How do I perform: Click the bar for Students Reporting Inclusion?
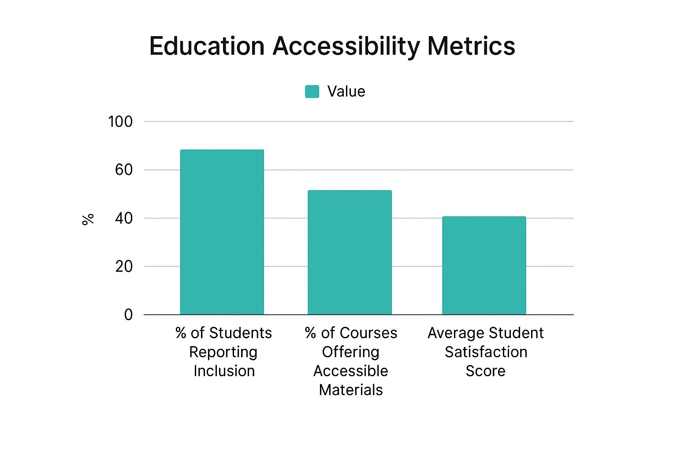pos(222,232)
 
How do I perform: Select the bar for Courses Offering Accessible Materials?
pos(350,252)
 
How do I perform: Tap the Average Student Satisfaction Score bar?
pos(484,266)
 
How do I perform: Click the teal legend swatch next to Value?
pos(312,92)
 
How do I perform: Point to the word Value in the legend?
pos(346,92)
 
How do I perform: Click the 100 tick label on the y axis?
pos(120,122)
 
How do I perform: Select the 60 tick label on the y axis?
pos(123,170)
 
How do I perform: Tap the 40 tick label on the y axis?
pos(123,218)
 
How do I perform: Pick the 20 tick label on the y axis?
pos(123,266)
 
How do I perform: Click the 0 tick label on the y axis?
pos(128,314)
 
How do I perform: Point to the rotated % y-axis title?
pos(88,219)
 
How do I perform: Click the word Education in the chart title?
pos(207,46)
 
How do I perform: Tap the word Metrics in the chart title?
pos(471,46)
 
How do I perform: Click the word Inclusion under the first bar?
pos(224,371)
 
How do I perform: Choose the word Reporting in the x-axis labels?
pos(223,352)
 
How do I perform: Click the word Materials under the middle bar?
pos(351,390)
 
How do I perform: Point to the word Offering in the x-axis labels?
pos(350,352)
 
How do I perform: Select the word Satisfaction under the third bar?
pos(486,352)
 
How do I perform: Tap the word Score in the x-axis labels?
pos(485,371)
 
